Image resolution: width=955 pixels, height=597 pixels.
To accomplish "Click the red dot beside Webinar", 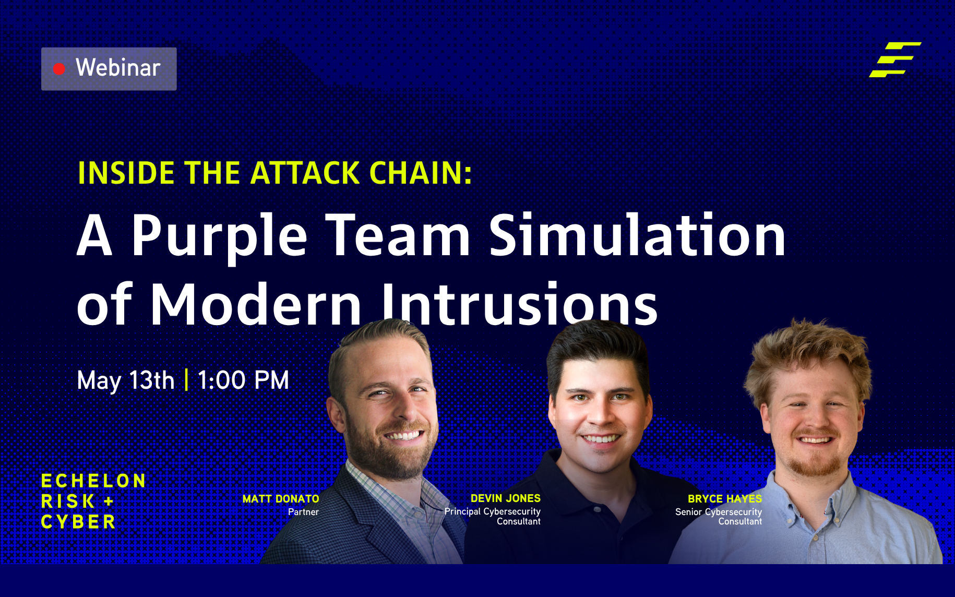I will (x=59, y=69).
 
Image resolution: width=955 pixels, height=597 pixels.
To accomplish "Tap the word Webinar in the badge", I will (x=118, y=68).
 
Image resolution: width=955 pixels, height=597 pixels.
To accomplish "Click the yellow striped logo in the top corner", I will (x=894, y=59).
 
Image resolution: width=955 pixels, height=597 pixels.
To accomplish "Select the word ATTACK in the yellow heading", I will (x=305, y=173).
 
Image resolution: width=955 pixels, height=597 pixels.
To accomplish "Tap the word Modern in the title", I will (x=256, y=305).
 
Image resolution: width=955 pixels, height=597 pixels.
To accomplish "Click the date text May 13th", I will (x=125, y=380).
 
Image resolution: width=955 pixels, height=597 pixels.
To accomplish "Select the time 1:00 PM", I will (x=243, y=380).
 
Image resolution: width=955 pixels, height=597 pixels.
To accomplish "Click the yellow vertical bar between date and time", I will (x=186, y=379).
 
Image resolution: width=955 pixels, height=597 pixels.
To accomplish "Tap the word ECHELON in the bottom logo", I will (x=93, y=481).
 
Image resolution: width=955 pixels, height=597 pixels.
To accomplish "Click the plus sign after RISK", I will (x=109, y=502).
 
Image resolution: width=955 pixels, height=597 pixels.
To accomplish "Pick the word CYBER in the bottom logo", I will (x=78, y=522).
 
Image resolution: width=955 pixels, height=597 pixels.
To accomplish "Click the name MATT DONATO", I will (x=281, y=499).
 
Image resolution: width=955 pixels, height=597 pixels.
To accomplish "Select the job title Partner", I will (x=303, y=512).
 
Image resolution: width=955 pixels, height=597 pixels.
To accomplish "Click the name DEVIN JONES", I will (x=505, y=498).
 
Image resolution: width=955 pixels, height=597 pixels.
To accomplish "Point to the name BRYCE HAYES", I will (x=724, y=499).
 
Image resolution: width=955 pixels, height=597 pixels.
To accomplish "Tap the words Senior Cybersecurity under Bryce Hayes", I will (x=718, y=512).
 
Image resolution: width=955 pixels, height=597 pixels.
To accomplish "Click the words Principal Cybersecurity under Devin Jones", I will (x=492, y=511).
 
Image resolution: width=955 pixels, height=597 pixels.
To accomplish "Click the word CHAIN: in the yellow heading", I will (x=421, y=173).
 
